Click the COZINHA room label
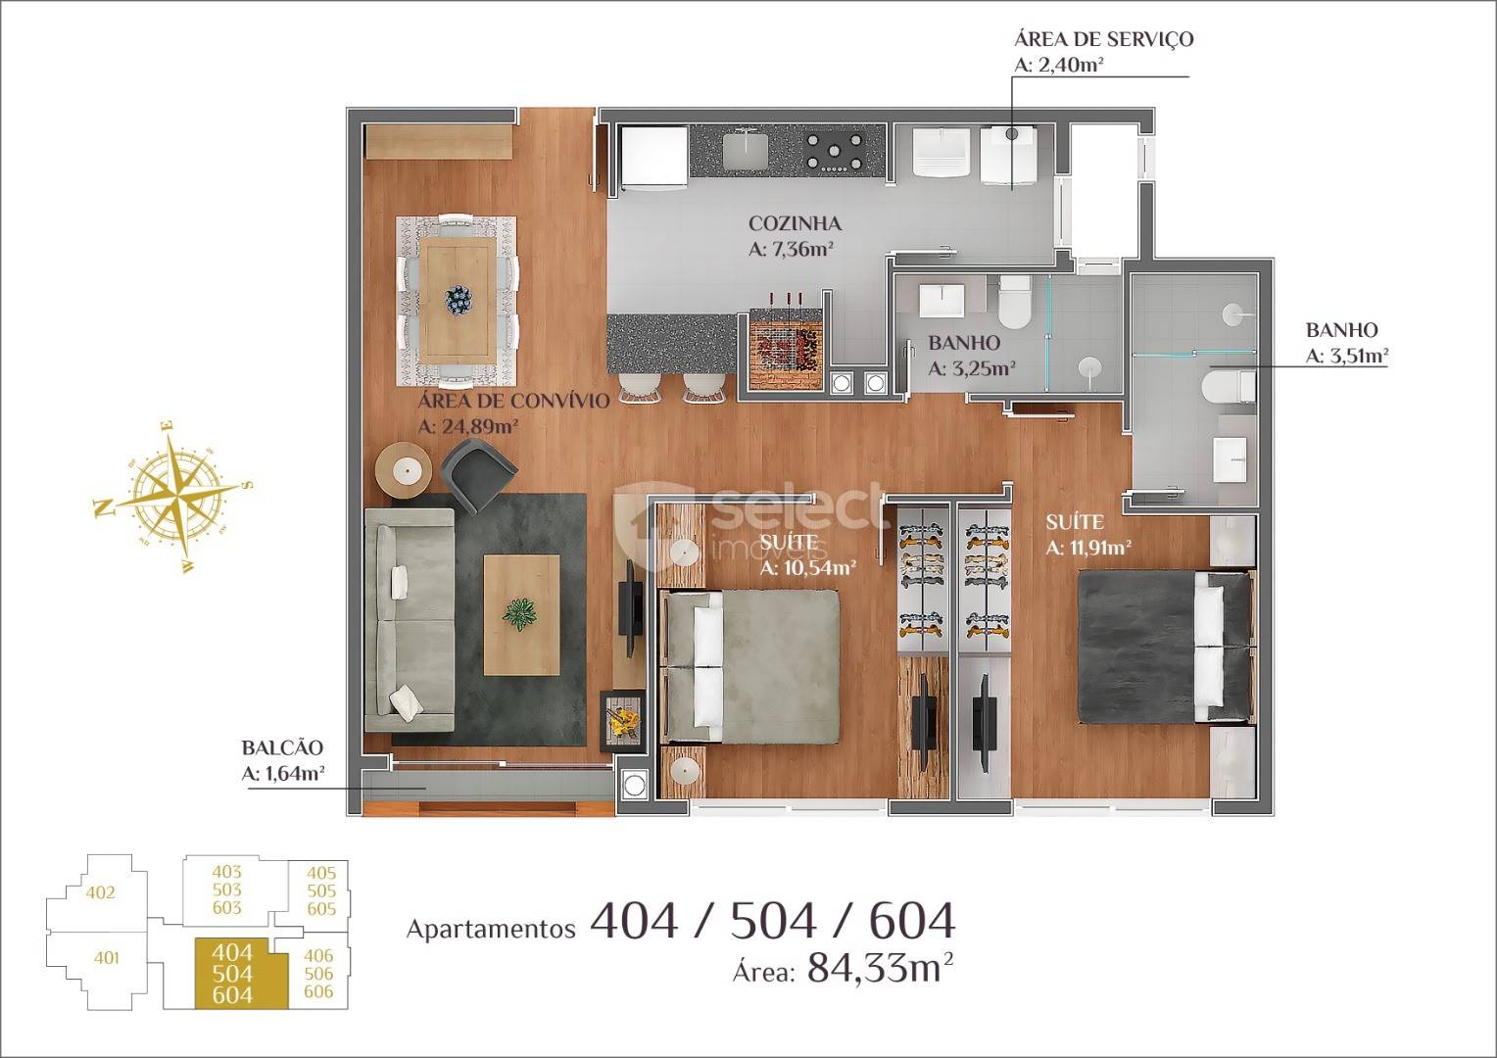pyautogui.click(x=795, y=223)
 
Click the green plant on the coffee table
pyautogui.click(x=519, y=614)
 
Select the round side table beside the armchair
pyautogui.click(x=403, y=470)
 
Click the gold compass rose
pyautogui.click(x=173, y=497)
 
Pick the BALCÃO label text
pyautogui.click(x=282, y=747)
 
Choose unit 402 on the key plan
pyautogui.click(x=100, y=892)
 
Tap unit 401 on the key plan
pyautogui.click(x=106, y=958)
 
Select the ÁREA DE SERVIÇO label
pyautogui.click(x=1103, y=39)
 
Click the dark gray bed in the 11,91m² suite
pyautogui.click(x=1166, y=647)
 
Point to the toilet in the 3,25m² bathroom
pyautogui.click(x=1014, y=300)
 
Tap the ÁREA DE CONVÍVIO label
pyautogui.click(x=513, y=401)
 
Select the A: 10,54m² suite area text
pyautogui.click(x=808, y=568)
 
